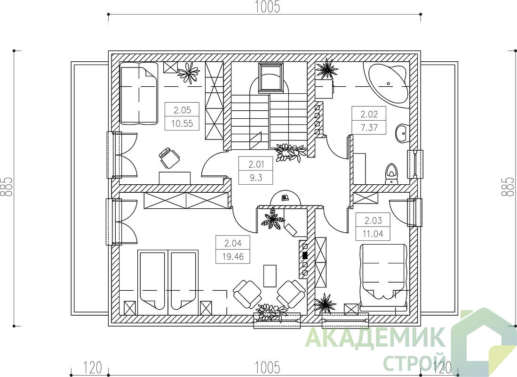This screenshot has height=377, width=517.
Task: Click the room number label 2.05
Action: click(182, 109)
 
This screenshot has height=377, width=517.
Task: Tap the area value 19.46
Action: click(233, 256)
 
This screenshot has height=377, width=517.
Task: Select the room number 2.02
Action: click(369, 115)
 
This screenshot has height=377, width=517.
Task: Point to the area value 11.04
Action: click(373, 234)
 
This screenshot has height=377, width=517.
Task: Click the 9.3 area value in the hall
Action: click(256, 178)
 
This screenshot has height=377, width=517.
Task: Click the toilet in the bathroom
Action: click(391, 174)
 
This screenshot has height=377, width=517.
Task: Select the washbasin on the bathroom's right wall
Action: click(401, 133)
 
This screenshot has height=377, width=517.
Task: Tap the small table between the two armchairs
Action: click(270, 276)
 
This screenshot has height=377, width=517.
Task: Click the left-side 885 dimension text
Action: click(7, 188)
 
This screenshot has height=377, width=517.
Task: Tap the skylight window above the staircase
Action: click(271, 77)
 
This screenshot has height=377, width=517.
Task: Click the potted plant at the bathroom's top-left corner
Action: click(326, 70)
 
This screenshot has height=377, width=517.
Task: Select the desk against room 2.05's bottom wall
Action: click(175, 178)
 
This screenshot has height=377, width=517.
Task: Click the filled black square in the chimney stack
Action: click(305, 255)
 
